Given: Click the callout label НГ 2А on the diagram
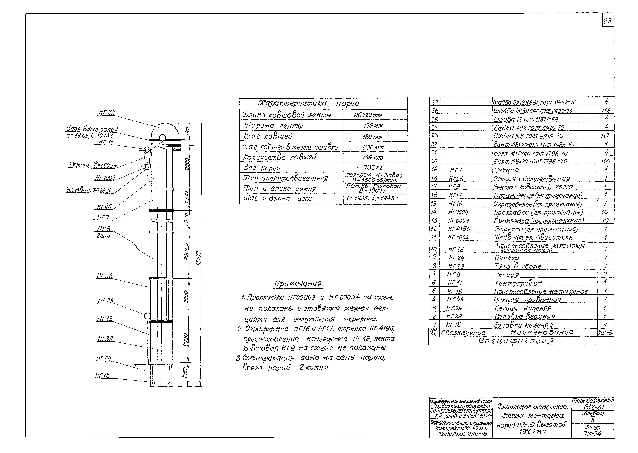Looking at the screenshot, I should [106, 112].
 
